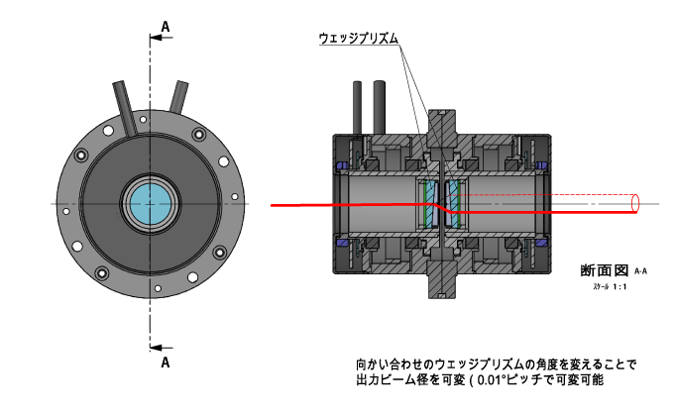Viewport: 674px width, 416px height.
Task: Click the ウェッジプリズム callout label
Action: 358,38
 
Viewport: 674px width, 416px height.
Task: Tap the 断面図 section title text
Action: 605,269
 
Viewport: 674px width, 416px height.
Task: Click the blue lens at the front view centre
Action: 151,204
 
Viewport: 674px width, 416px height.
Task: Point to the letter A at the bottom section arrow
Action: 164,363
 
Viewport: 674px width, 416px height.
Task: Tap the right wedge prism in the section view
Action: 456,204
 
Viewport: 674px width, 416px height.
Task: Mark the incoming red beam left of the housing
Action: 297,205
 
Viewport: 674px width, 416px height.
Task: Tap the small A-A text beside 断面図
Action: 640,270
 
